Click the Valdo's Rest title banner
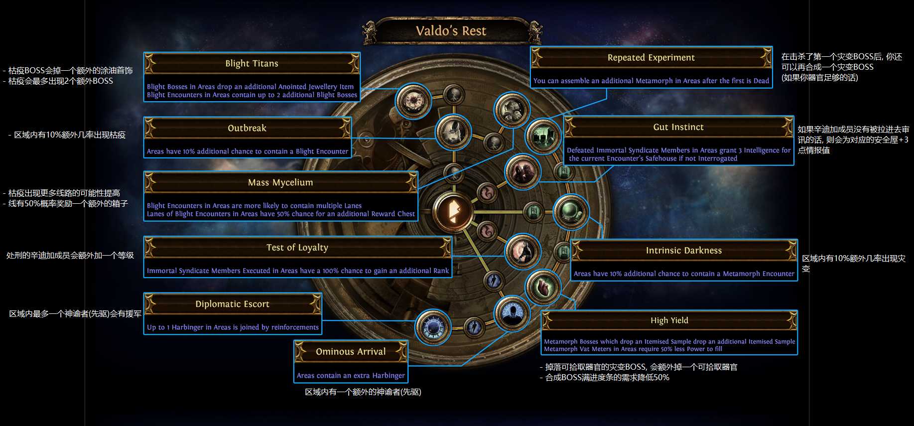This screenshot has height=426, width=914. coord(451,31)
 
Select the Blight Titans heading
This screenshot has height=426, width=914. coord(252,63)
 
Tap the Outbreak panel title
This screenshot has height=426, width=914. coord(247,128)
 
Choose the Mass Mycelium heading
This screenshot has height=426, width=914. coord(280,182)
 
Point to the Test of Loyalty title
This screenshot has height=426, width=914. coord(297,248)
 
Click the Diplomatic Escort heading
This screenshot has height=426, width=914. coord(232,304)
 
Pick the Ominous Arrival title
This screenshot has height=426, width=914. coord(351,352)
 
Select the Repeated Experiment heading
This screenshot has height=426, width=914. coord(651,57)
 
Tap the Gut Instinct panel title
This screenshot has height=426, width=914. coord(678,127)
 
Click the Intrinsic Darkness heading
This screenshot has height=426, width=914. coord(684,251)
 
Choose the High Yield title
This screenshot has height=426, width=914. coord(669,320)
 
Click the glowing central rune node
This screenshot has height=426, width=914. coord(452,212)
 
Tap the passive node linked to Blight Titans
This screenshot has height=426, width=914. coord(413,101)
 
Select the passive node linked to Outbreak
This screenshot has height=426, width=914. coord(453,132)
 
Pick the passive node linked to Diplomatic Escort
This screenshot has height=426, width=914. coord(432,327)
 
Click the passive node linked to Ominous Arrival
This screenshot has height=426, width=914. coord(512,313)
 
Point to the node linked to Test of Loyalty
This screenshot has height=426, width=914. coord(522,252)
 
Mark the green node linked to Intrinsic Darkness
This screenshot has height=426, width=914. coord(571,212)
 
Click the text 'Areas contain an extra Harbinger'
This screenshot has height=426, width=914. coord(351,376)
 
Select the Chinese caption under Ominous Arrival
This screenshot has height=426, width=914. coord(363,392)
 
